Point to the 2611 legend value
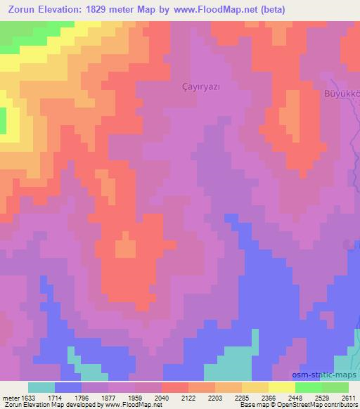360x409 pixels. tap(349, 397)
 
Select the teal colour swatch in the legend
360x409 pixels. tap(41, 387)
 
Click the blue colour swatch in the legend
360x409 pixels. tap(68, 387)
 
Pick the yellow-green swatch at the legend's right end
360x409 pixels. tap(335, 387)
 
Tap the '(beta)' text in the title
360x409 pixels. tap(270, 9)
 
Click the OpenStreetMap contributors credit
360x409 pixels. tap(317, 405)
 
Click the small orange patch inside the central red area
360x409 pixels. tap(126, 248)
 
